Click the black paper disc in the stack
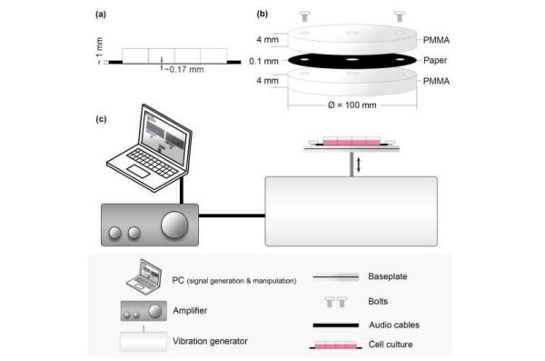pyautogui.click(x=350, y=60)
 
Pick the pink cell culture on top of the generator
pyautogui.click(x=351, y=142)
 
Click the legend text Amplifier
pyautogui.click(x=189, y=311)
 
